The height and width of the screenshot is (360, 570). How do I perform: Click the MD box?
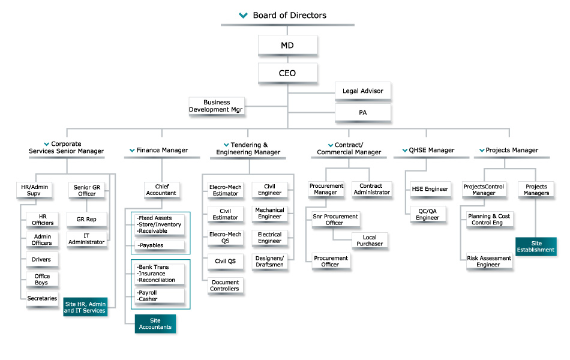(x=288, y=45)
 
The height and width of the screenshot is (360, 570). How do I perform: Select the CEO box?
(x=288, y=73)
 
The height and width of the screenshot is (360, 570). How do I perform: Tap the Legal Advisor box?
(x=362, y=91)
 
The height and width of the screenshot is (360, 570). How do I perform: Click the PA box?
(x=362, y=112)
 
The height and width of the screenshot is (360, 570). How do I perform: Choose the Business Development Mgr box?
(x=217, y=106)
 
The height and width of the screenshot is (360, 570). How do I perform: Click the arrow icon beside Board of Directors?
(x=243, y=16)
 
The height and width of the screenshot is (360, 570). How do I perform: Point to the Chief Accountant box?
(x=161, y=190)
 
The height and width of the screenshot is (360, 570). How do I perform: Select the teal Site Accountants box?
(x=155, y=323)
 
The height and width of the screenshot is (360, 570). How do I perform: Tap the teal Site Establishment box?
(x=536, y=247)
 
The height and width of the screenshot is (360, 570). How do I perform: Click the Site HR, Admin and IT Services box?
(x=85, y=307)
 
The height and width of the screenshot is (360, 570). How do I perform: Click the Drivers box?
(x=42, y=259)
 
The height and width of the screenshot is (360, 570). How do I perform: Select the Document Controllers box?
(x=224, y=286)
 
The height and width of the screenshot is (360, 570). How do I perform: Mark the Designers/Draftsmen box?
(x=269, y=261)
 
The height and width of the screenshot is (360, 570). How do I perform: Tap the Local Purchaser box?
(x=369, y=241)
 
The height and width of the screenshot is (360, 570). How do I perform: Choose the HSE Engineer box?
(x=430, y=189)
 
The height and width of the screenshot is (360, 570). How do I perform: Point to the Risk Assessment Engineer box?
(x=489, y=261)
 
